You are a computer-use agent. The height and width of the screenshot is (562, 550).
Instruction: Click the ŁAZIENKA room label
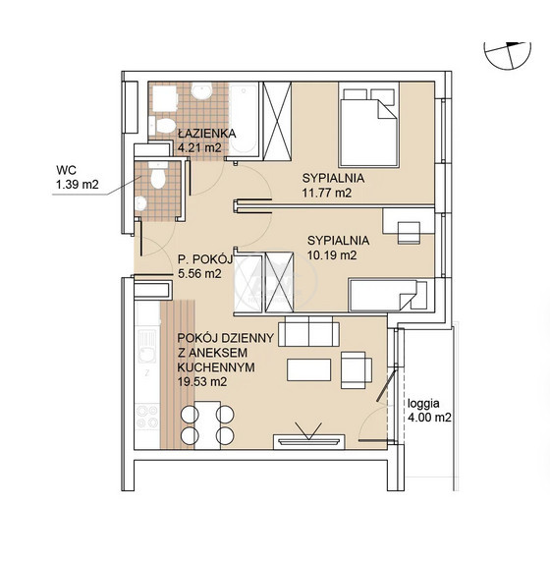(207, 134)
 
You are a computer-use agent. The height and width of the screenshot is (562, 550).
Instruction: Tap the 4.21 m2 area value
(199, 147)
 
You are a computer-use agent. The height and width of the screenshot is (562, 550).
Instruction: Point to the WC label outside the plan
(66, 170)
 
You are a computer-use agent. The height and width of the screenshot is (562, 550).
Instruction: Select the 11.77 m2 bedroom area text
(327, 193)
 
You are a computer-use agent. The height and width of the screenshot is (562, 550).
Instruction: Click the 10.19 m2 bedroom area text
(332, 255)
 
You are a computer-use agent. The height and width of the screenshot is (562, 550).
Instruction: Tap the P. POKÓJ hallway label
(205, 258)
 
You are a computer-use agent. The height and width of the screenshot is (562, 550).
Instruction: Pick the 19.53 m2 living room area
(202, 382)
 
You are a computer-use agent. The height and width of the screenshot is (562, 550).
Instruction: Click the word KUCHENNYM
(216, 367)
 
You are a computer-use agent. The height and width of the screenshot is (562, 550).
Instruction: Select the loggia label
(423, 403)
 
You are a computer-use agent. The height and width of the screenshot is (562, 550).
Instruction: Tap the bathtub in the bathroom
(244, 119)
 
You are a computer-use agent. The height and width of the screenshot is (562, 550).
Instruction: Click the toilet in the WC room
(158, 175)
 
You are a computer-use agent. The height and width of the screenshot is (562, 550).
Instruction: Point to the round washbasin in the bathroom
(201, 90)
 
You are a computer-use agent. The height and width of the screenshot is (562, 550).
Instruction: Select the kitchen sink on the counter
(147, 347)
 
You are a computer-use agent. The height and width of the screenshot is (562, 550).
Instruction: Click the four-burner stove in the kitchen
(147, 418)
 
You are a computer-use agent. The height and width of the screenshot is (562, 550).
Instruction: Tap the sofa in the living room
(308, 331)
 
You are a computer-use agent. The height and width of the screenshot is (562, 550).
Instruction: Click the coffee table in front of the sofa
(308, 369)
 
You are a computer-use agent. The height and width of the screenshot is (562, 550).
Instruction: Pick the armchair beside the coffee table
(357, 370)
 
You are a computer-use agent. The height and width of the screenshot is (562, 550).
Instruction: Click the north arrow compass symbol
(507, 55)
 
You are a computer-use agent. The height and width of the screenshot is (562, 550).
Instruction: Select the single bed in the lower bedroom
(388, 295)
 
